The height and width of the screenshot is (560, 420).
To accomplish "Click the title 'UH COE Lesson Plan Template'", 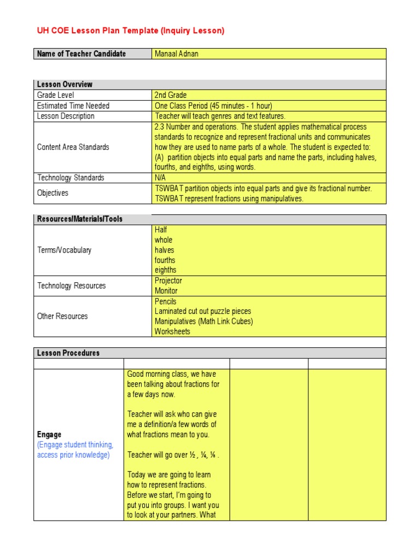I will (130, 31).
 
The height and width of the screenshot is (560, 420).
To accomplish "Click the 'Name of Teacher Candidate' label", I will (81, 54).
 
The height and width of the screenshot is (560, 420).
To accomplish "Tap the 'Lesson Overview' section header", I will (65, 84).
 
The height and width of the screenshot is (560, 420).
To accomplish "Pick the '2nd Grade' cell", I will (171, 95).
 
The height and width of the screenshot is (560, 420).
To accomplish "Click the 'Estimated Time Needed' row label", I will (73, 106).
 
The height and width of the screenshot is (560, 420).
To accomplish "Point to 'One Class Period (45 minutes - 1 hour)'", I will (213, 106).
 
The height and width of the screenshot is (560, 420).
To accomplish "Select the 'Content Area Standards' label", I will (73, 147).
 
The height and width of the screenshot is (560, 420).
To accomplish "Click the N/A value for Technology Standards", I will (161, 178).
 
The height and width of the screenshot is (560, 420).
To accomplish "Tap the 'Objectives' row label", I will (52, 193).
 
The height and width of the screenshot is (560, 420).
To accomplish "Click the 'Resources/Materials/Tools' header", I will (80, 219).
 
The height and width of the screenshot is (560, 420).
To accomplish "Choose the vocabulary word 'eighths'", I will (166, 270).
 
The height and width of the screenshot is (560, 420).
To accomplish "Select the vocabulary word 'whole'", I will (164, 240).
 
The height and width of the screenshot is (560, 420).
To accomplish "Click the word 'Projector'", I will (168, 281).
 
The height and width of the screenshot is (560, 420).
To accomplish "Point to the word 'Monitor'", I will (166, 291).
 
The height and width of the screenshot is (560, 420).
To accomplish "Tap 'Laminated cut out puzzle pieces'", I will (203, 311).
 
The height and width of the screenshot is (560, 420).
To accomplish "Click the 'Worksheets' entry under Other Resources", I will (172, 331).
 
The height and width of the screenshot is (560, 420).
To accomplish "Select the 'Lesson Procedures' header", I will (68, 353).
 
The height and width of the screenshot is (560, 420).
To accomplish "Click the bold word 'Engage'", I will (49, 435).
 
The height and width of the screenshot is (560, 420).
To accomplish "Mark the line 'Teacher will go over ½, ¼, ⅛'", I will (174, 455).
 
